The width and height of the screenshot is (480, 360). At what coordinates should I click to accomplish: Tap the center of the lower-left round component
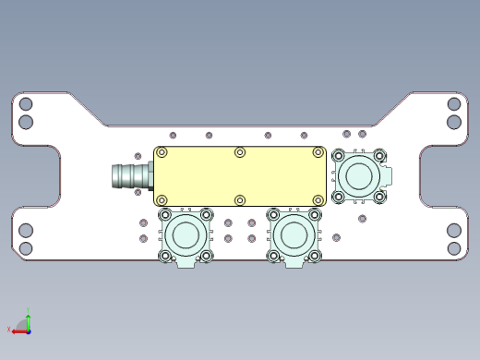pyautogui.click(x=186, y=234)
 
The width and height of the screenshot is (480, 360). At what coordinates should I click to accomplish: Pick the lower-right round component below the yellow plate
pyautogui.click(x=294, y=234)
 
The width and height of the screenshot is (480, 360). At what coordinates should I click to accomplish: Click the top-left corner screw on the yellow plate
pyautogui.click(x=162, y=152)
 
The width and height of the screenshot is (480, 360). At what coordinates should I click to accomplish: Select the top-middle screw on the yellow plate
pyautogui.click(x=240, y=152)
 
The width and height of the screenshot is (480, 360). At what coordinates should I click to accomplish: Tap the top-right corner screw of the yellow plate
pyautogui.click(x=318, y=152)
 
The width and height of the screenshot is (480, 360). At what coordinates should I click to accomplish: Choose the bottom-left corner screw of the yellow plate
pyautogui.click(x=162, y=199)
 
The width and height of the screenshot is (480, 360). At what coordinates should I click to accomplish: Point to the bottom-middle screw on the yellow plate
pyautogui.click(x=240, y=199)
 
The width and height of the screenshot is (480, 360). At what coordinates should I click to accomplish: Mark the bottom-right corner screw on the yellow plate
pyautogui.click(x=318, y=199)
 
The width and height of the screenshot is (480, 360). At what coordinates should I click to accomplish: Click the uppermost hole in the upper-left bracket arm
pyautogui.click(x=26, y=105)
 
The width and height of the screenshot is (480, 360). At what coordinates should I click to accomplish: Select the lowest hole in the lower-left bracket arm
pyautogui.click(x=26, y=247)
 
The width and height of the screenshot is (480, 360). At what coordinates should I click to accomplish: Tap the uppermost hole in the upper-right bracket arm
pyautogui.click(x=454, y=105)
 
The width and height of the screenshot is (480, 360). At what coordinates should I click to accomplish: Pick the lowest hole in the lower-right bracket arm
pyautogui.click(x=454, y=247)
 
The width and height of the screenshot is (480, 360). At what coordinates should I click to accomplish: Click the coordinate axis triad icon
pyautogui.click(x=25, y=323)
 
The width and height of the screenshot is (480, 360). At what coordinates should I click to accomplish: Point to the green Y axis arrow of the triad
pyautogui.click(x=30, y=313)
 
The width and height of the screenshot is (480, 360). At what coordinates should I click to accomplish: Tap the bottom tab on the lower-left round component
pyautogui.click(x=186, y=263)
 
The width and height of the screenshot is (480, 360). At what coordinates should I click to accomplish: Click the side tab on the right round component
pyautogui.click(x=389, y=174)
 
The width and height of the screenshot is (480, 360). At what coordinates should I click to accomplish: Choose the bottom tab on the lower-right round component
pyautogui.click(x=294, y=263)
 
